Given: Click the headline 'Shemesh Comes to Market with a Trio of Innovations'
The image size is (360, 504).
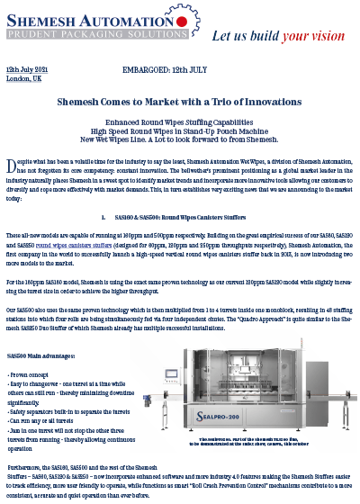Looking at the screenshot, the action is tap(179, 104).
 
